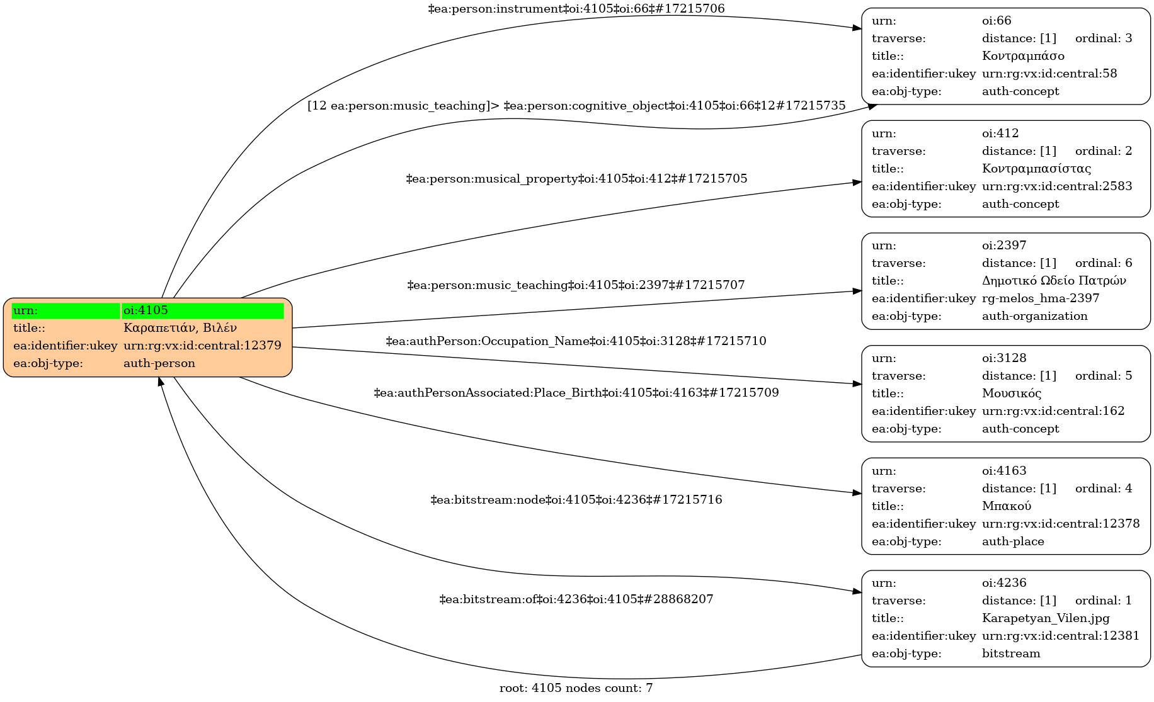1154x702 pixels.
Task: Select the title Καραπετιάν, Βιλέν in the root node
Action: click(x=180, y=328)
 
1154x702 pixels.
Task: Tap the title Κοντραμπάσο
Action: click(x=1023, y=56)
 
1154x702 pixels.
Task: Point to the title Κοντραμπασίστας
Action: click(x=1036, y=169)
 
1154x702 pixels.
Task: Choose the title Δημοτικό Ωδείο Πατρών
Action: click(x=1053, y=281)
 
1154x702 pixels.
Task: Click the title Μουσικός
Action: click(x=1011, y=393)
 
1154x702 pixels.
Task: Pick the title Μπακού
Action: click(x=1006, y=506)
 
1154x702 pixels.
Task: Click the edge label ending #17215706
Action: click(x=576, y=9)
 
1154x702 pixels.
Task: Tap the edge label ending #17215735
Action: click(x=576, y=106)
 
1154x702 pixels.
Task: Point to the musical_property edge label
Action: click(x=576, y=179)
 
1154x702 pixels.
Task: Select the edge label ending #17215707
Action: click(x=576, y=285)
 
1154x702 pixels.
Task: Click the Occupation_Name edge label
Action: click(x=576, y=341)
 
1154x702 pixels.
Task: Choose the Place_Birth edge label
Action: click(x=576, y=393)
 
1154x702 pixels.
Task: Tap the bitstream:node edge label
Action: click(x=576, y=500)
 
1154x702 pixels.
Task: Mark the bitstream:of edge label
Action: click(x=576, y=599)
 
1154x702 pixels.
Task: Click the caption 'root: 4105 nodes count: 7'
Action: click(x=576, y=688)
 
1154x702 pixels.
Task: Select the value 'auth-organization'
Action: click(x=1034, y=316)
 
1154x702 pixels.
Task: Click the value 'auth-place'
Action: click(x=1012, y=541)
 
